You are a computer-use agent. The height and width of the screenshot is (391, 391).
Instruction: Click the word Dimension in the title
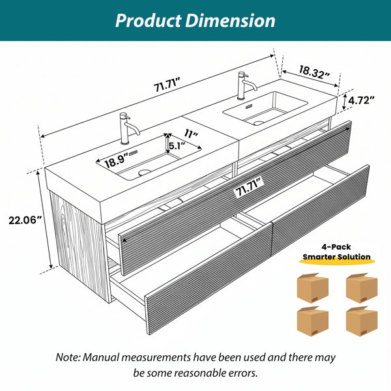pos(230,20)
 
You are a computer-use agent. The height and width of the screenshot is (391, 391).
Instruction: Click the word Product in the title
pos(148,20)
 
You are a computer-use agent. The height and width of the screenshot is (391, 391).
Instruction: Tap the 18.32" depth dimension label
pos(315,72)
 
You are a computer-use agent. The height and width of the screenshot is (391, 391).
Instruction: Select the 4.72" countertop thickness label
pos(361,100)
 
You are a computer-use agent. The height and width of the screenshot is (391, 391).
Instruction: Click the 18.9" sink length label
pos(117,161)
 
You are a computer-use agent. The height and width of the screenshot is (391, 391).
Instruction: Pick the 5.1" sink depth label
pos(177,145)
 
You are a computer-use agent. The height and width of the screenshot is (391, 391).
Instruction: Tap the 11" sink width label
pos(191,134)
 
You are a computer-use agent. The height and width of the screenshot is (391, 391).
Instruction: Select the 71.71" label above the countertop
pos(167,85)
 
